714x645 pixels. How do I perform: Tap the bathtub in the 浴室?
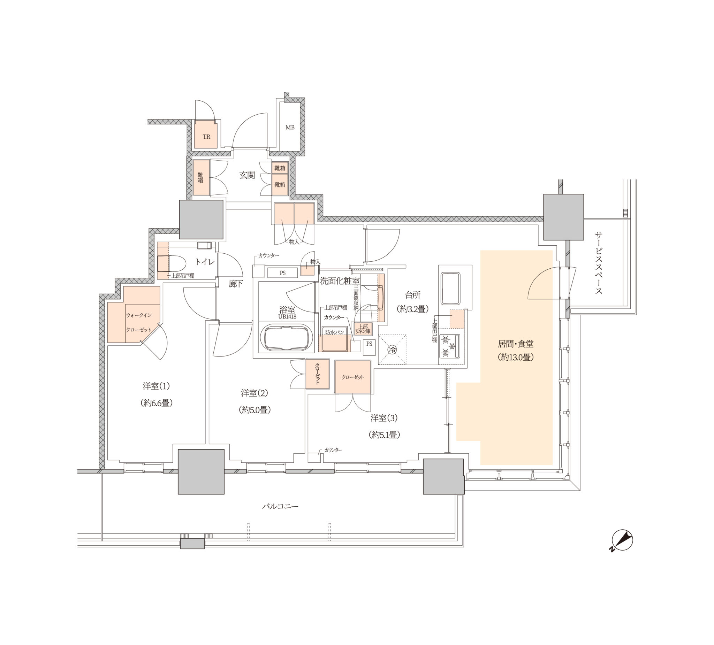tap(287, 338)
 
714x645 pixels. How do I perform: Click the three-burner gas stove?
tap(449, 346)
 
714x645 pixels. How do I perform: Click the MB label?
tap(290, 128)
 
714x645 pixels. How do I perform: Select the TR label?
tap(206, 137)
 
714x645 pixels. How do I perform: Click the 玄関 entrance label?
tap(247, 175)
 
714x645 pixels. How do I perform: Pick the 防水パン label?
tap(335, 332)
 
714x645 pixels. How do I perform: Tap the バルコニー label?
tap(280, 506)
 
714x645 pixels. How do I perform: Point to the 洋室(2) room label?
tap(254, 393)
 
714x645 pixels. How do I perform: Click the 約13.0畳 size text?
tap(515, 357)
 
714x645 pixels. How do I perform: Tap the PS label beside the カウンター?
tap(283, 273)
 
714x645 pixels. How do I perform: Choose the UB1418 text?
tap(287, 317)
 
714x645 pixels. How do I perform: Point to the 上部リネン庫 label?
tap(363, 329)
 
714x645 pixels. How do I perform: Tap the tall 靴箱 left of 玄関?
tap(201, 178)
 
